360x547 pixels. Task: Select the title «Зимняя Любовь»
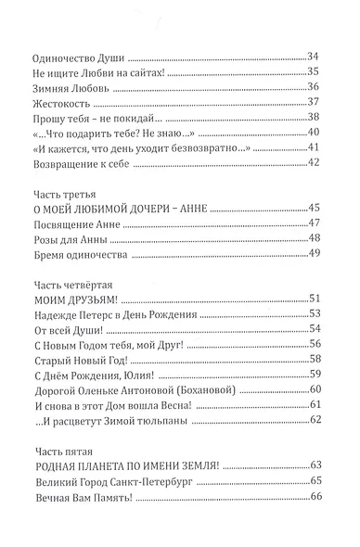coord(64,88)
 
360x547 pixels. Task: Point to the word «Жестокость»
coord(56,104)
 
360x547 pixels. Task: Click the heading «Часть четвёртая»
coord(70,308)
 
